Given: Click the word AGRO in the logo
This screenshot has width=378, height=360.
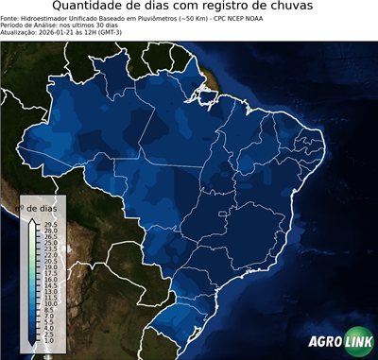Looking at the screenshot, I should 324,341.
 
